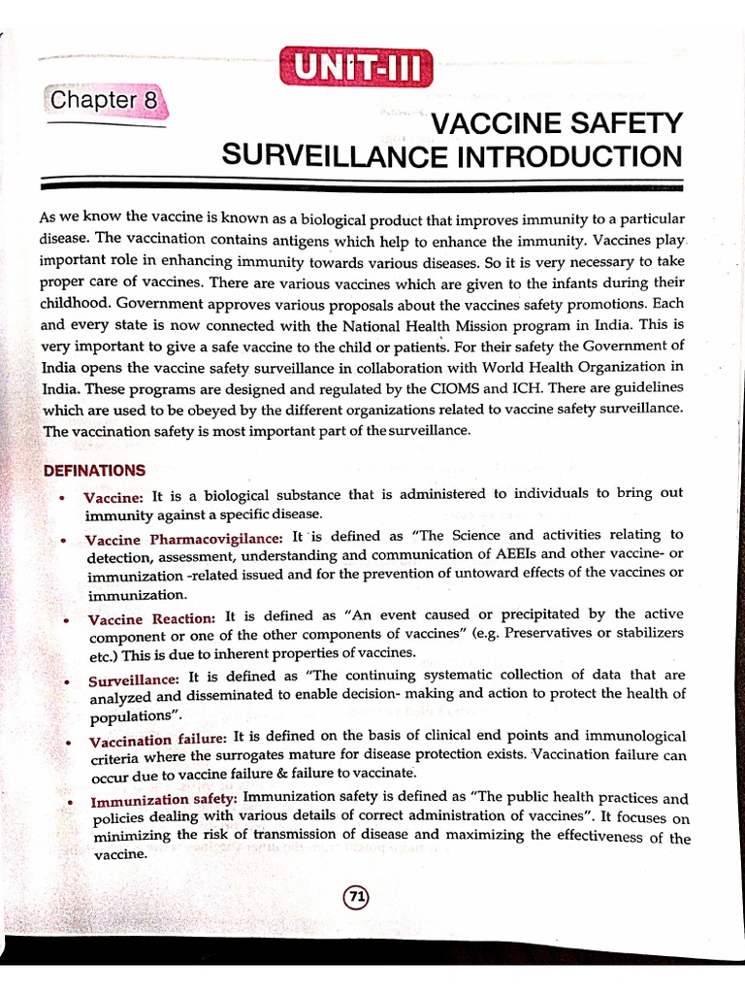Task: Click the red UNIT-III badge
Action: pos(355,68)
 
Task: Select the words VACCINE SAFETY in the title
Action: pos(557,123)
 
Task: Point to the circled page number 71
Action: pos(356,898)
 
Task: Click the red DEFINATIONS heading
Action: pos(94,470)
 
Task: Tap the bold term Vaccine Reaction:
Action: pos(151,618)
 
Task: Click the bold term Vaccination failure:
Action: pos(158,741)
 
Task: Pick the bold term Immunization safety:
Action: pos(164,801)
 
